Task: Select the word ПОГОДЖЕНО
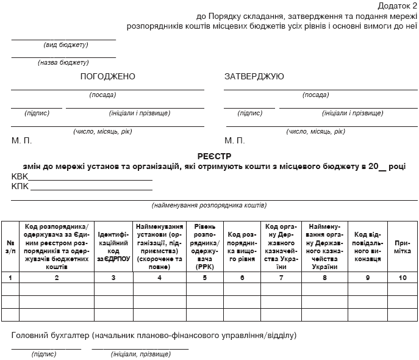[107, 76]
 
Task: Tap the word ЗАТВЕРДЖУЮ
[254, 76]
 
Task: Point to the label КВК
[20, 176]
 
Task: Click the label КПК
[20, 186]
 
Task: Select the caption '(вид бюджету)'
[66, 45]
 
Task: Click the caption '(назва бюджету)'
[63, 62]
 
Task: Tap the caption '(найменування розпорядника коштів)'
[209, 205]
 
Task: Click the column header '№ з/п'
[10, 247]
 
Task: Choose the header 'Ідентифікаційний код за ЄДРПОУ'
[113, 247]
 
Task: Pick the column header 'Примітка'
[403, 247]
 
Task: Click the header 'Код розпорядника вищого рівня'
[242, 247]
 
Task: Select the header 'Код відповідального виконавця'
[368, 247]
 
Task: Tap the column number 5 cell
[204, 278]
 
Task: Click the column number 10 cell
[403, 278]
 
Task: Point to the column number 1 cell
[10, 278]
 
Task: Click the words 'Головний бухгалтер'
[50, 335]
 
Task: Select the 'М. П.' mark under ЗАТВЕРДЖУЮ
[235, 140]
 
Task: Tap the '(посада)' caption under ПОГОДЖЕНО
[102, 95]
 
